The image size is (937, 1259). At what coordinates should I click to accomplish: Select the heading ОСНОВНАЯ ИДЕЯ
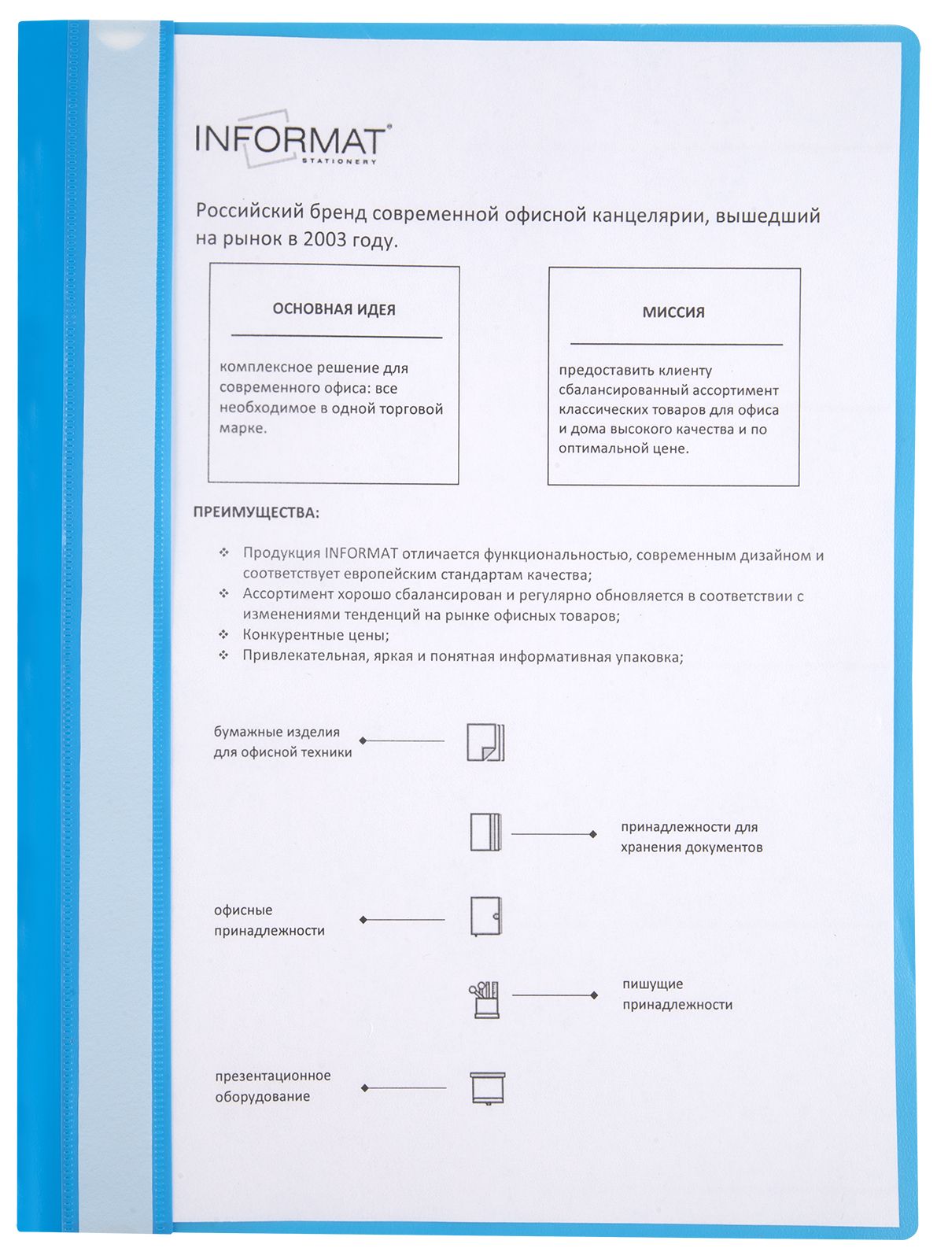click(334, 309)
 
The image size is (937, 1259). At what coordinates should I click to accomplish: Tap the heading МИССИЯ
click(673, 312)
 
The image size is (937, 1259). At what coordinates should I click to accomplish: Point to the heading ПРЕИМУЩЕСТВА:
click(256, 513)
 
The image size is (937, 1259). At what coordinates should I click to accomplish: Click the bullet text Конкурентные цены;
click(315, 635)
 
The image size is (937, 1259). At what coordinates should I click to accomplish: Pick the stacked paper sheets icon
click(485, 742)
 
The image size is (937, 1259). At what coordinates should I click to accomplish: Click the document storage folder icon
click(485, 833)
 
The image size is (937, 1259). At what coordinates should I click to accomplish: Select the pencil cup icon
click(485, 999)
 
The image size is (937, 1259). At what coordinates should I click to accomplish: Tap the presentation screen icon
click(487, 1088)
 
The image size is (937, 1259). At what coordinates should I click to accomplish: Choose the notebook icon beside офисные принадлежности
click(485, 916)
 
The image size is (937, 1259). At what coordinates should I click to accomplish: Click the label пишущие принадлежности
click(677, 995)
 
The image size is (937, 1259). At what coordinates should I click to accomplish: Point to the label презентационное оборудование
click(272, 1086)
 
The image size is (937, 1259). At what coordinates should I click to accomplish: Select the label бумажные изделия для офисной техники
click(282, 742)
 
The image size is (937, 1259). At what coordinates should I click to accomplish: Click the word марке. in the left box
click(243, 429)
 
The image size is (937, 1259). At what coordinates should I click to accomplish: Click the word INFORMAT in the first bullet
click(361, 554)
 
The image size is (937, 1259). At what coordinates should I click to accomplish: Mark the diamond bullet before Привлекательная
click(224, 655)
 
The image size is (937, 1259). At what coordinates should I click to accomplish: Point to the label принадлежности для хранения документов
click(691, 837)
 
